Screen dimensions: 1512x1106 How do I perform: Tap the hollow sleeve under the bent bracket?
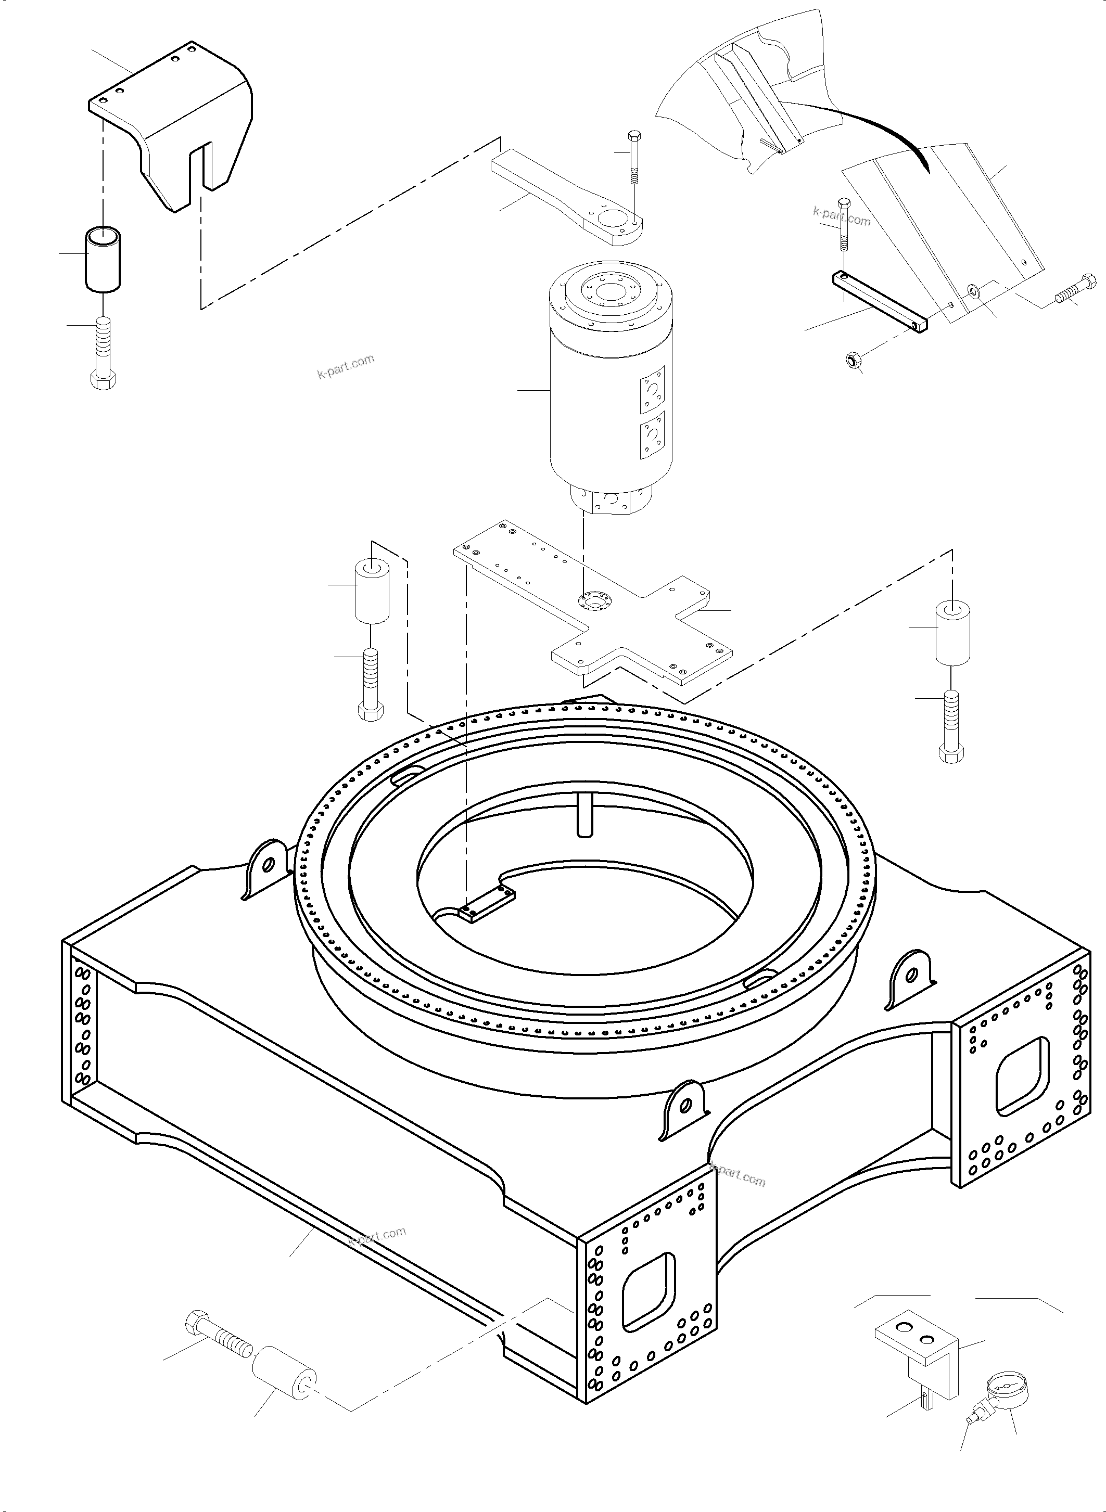click(x=103, y=259)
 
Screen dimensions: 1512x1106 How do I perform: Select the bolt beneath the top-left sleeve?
click(x=103, y=351)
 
